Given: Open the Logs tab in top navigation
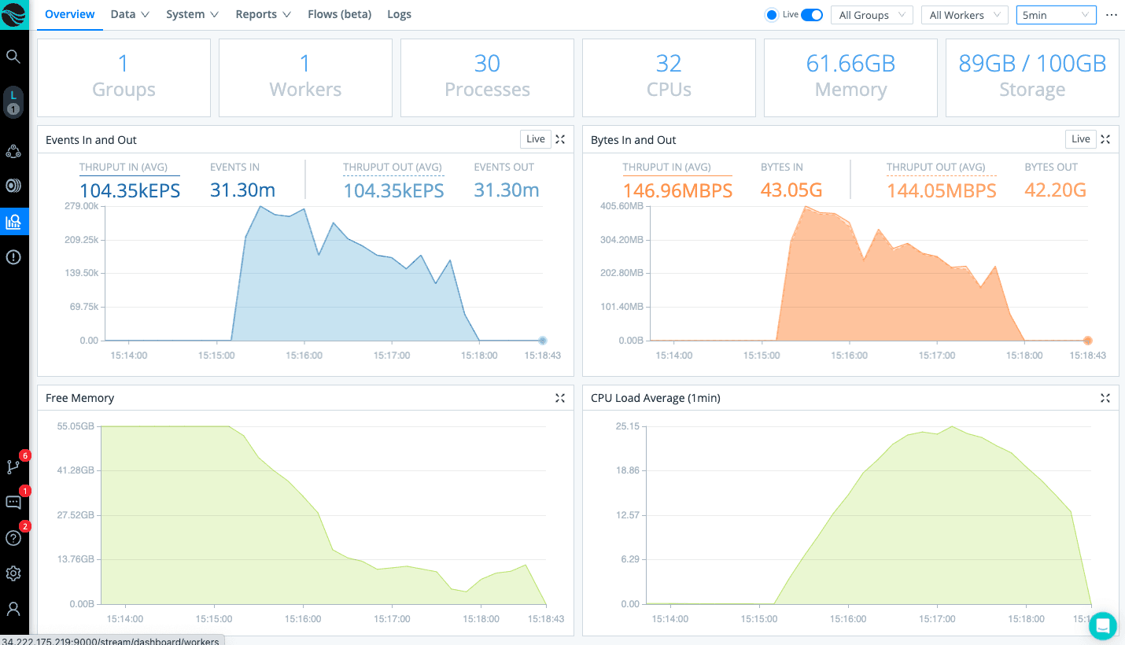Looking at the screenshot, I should coord(399,14).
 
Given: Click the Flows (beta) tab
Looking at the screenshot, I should coord(339,14).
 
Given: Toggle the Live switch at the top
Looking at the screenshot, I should coord(811,15).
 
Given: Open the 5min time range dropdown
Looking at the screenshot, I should coord(1056,15).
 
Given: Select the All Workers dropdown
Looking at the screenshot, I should coord(965,15).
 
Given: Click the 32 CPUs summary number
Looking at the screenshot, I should coord(669,64).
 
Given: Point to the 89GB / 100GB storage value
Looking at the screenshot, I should coord(1032,64).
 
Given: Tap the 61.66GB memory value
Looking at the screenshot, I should coord(850,64).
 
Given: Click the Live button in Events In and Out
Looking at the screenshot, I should coord(536,139).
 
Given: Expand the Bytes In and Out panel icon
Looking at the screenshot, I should coord(1105,139).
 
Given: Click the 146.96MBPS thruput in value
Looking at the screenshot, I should coord(677,190).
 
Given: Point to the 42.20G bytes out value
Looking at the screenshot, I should coord(1055,190).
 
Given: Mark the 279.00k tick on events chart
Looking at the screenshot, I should coord(81,206).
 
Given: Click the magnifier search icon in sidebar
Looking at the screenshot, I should coord(13,57).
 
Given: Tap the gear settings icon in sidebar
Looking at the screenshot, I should coord(13,573).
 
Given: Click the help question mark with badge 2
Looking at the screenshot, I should coord(13,538).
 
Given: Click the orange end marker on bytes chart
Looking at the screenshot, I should coord(1087,341).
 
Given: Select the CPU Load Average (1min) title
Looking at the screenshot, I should coord(655,398).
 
